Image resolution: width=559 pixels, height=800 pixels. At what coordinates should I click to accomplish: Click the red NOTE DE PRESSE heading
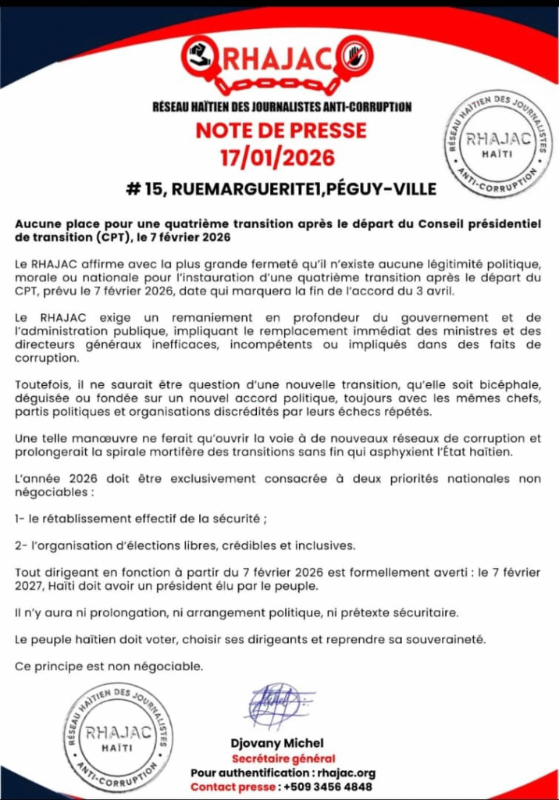click(280, 130)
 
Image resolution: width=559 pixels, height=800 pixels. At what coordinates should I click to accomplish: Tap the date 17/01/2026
click(277, 158)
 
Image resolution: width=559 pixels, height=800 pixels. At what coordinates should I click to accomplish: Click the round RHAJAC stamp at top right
click(497, 145)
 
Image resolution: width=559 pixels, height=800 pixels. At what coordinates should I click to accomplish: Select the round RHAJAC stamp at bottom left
click(120, 735)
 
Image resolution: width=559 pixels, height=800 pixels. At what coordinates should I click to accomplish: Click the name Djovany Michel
click(276, 743)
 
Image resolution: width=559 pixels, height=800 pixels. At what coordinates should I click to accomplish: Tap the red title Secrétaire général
click(283, 759)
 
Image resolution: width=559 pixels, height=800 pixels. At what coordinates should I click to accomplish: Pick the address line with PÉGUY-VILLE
click(281, 188)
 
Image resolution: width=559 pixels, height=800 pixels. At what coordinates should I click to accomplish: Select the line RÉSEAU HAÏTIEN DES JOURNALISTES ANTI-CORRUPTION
click(281, 107)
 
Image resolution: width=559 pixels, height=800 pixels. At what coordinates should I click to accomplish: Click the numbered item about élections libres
click(185, 545)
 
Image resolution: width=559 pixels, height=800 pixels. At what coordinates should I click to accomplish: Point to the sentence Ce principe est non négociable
click(109, 666)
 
